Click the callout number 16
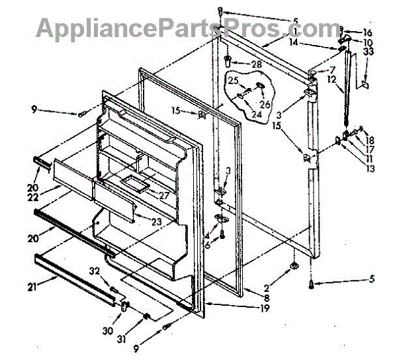[x=368, y=32]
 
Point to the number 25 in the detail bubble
[x=234, y=81]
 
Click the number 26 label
[x=265, y=103]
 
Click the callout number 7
[x=332, y=69]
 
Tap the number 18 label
[x=370, y=140]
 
